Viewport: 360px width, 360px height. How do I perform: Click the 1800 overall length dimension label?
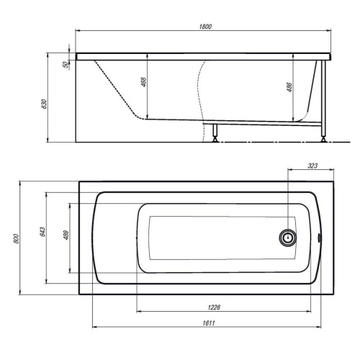(205, 27)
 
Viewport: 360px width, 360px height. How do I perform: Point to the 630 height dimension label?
(45, 104)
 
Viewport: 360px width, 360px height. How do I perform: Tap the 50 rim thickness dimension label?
(65, 64)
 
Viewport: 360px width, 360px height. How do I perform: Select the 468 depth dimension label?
(143, 82)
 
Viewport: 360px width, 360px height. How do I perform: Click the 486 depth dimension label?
(289, 87)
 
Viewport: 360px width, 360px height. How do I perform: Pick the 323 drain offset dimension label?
(312, 166)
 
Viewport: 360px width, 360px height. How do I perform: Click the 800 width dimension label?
(17, 238)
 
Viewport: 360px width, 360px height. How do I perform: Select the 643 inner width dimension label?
(42, 232)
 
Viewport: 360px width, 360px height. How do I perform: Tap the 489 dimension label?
(66, 235)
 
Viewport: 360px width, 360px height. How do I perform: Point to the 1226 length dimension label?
(214, 307)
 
